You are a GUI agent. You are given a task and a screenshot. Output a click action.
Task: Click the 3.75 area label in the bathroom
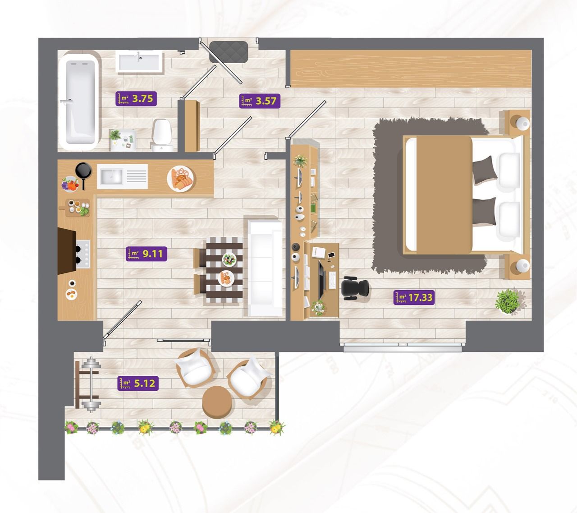click(136, 99)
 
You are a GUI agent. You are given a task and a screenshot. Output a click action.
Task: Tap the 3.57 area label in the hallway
click(260, 101)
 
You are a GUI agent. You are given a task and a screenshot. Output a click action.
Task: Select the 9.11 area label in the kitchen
click(147, 254)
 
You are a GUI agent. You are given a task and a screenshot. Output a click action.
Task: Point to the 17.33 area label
click(414, 297)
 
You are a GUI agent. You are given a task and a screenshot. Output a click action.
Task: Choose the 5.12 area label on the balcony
click(138, 383)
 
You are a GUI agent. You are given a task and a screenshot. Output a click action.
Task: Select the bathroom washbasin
click(139, 62)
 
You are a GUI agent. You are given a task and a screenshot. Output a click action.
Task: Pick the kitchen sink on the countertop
click(122, 176)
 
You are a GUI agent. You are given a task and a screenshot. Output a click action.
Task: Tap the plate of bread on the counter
click(181, 179)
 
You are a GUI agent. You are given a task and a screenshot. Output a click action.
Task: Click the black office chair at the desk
click(355, 288)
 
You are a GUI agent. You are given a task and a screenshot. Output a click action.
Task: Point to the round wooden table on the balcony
click(217, 402)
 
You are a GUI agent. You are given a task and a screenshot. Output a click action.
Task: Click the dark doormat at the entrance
click(229, 52)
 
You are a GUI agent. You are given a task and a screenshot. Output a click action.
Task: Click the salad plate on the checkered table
click(229, 259)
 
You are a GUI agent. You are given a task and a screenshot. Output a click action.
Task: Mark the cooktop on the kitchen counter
click(83, 254)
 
